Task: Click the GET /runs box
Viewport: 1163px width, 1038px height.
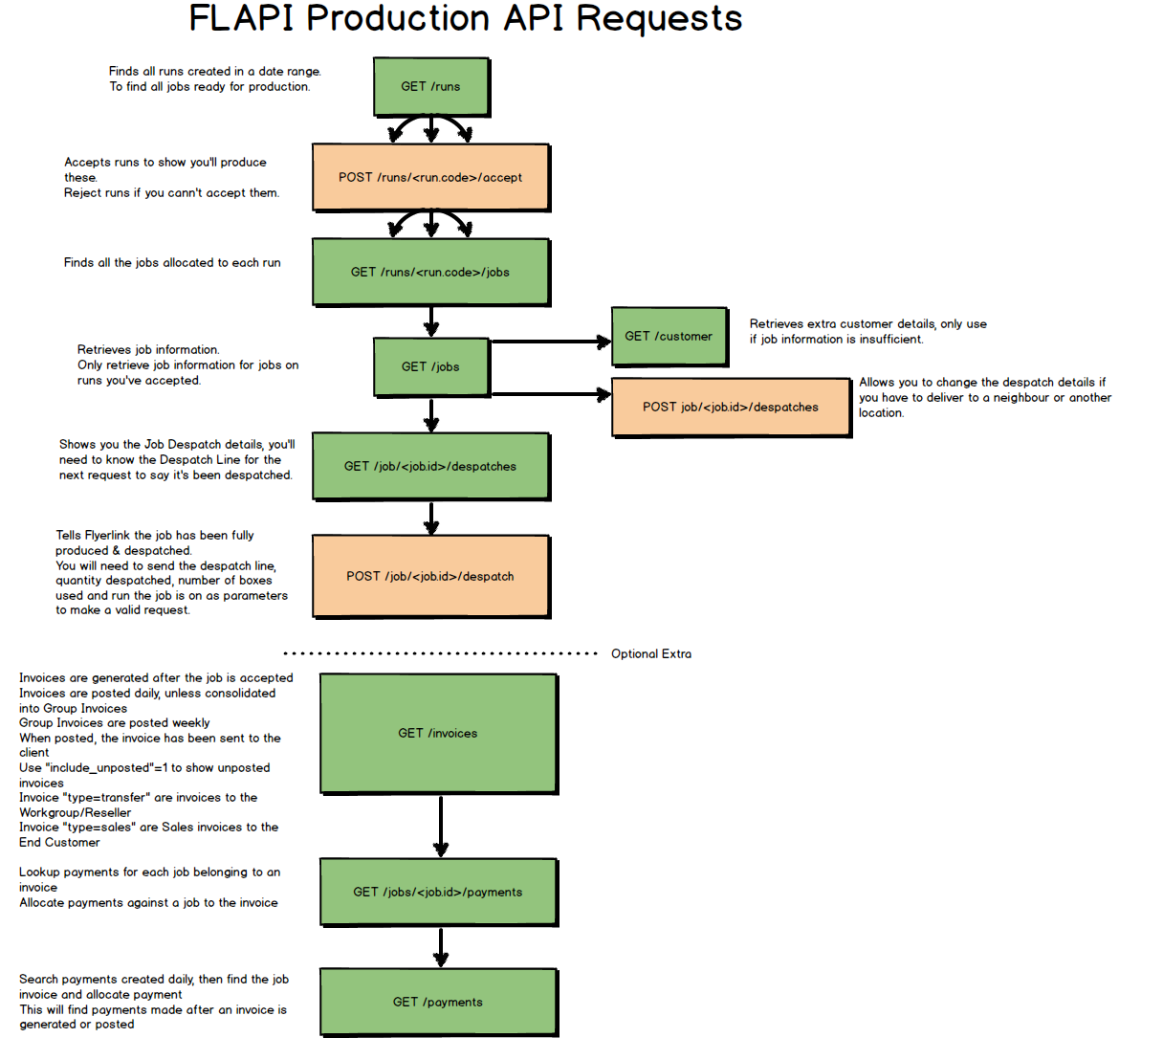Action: pos(430,86)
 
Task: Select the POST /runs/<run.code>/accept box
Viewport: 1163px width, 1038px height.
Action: pos(430,177)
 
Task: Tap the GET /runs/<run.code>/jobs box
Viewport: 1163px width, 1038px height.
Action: pos(430,272)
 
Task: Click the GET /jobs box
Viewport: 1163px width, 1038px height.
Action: pos(430,366)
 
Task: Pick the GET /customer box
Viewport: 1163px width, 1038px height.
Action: pos(669,336)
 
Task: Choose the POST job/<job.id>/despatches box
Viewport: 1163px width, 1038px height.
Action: pos(731,407)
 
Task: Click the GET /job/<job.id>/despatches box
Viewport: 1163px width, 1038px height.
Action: pos(430,466)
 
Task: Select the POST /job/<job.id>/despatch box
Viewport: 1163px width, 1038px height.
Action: pos(430,576)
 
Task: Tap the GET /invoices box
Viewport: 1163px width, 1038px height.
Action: pos(438,733)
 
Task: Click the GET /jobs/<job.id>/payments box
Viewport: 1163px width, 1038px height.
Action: pos(438,892)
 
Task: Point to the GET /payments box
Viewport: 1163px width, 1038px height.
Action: pos(438,1002)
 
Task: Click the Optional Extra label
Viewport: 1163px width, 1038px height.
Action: pos(651,653)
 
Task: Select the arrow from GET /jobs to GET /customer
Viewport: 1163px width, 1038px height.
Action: pos(550,341)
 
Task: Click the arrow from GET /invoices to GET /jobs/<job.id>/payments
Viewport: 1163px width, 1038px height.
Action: pos(441,825)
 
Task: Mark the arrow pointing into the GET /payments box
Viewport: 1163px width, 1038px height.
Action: pos(441,947)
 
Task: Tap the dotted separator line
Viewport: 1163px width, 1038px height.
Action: pos(440,653)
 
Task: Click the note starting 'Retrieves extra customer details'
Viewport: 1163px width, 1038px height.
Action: pos(867,331)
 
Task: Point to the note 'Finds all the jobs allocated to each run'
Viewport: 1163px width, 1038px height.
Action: pos(172,262)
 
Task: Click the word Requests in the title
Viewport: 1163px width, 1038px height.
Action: pos(659,19)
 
